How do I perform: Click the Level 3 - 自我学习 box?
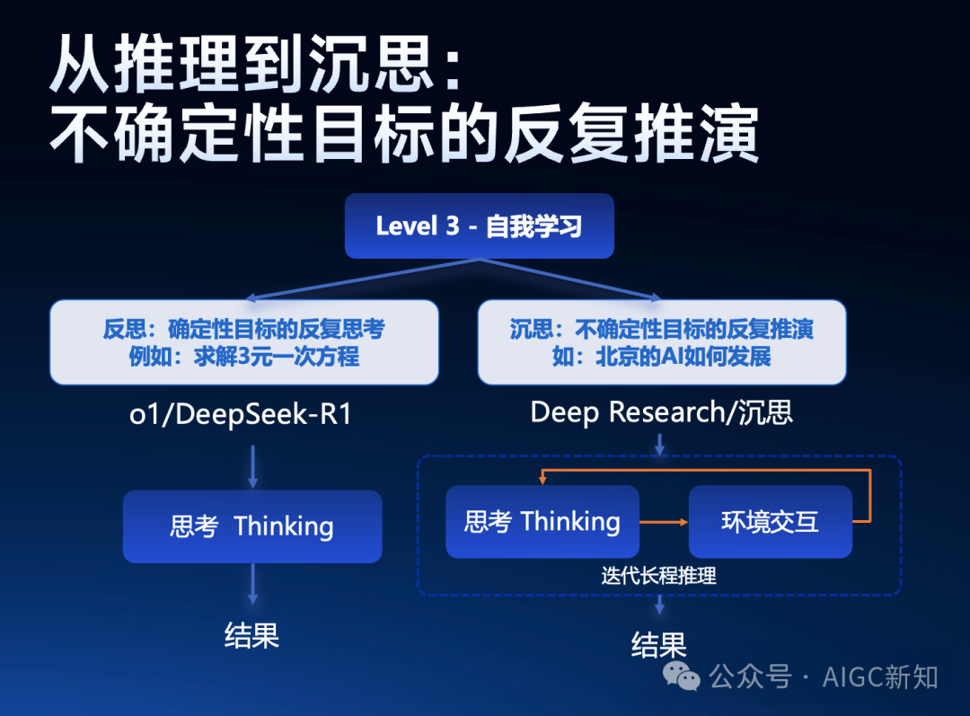click(x=480, y=225)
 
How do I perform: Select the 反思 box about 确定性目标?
click(x=244, y=342)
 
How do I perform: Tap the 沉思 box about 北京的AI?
click(x=662, y=342)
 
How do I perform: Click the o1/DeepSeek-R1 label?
click(x=241, y=414)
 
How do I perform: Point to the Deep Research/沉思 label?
click(x=661, y=412)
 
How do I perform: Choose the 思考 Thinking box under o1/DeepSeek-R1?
click(x=252, y=526)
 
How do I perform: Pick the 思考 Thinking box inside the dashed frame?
click(x=542, y=522)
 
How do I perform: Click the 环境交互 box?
click(x=771, y=522)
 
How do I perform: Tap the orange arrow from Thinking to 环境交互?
click(x=664, y=522)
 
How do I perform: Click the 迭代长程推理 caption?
click(x=659, y=576)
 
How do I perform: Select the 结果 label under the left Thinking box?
click(x=251, y=635)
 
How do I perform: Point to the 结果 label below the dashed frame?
click(x=659, y=645)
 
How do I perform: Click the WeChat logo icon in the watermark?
click(x=681, y=676)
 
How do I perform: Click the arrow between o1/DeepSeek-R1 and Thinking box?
click(x=252, y=466)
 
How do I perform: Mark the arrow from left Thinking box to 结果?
click(x=252, y=584)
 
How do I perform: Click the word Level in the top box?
click(x=407, y=225)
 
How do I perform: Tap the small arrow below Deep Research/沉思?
click(x=659, y=445)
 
